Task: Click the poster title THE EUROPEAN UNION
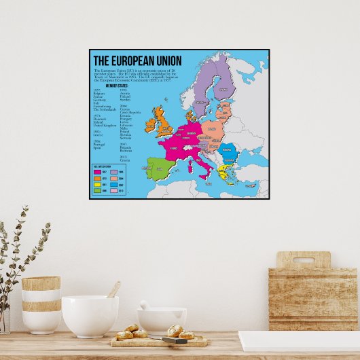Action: point(137,61)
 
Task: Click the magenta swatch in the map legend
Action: point(98,172)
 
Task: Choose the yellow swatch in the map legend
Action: point(98,184)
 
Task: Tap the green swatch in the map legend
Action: point(98,190)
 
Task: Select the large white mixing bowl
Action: point(90,316)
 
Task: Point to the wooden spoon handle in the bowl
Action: point(113,290)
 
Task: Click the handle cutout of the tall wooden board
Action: point(303,260)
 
